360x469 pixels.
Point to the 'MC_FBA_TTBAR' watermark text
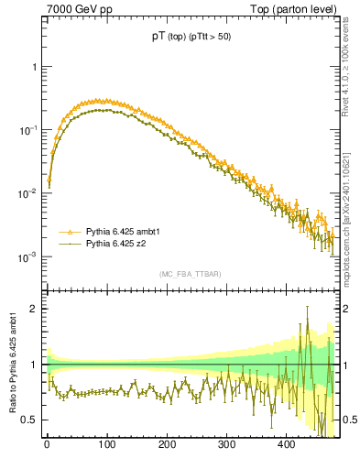click(190, 275)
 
